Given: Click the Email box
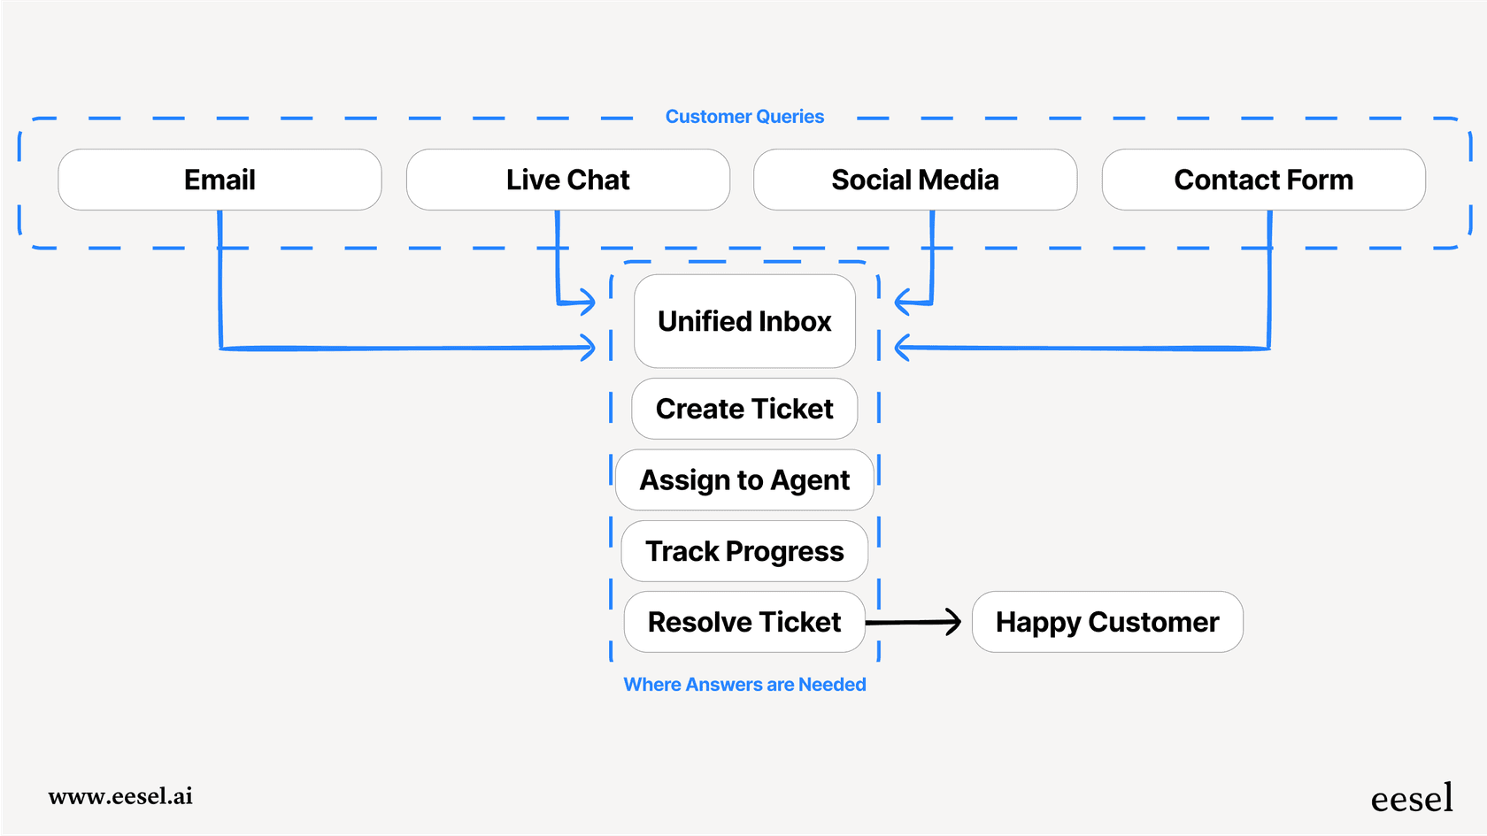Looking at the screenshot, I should click(220, 180).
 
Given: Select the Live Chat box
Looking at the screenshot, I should click(567, 180).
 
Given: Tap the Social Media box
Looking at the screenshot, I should click(915, 180).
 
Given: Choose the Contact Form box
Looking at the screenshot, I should click(1263, 180).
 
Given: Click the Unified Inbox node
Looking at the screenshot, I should click(744, 321).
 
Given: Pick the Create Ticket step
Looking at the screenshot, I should click(744, 409).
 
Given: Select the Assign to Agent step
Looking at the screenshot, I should click(744, 479).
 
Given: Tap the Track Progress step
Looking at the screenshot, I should click(744, 551).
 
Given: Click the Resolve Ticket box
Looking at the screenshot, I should click(744, 622).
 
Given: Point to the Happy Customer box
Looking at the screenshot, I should click(1107, 622).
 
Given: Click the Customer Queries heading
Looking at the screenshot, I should click(744, 117).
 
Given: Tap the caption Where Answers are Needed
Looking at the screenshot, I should click(744, 685).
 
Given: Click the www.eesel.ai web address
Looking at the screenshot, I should click(120, 796).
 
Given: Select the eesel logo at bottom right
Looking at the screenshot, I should click(1412, 799).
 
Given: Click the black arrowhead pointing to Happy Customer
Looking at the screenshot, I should click(954, 622).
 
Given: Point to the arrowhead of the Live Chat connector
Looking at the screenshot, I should click(589, 303).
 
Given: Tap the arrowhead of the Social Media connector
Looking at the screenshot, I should click(902, 303).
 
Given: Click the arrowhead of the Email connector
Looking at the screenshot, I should click(589, 348).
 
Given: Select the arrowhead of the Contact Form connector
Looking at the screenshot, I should click(902, 348).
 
